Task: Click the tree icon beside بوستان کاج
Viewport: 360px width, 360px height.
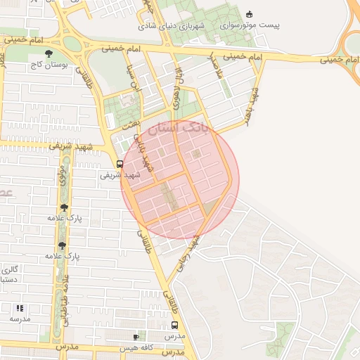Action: (x=48, y=53)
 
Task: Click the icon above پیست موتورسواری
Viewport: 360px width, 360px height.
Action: (x=249, y=14)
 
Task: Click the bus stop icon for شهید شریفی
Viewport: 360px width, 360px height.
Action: (x=120, y=165)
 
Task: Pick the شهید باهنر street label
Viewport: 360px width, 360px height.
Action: (x=252, y=103)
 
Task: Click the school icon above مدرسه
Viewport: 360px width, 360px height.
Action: (x=20, y=308)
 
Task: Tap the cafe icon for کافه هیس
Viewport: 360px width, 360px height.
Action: (x=136, y=337)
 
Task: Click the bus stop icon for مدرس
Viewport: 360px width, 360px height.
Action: (x=174, y=326)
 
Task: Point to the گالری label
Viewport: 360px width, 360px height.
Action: (x=8, y=269)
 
